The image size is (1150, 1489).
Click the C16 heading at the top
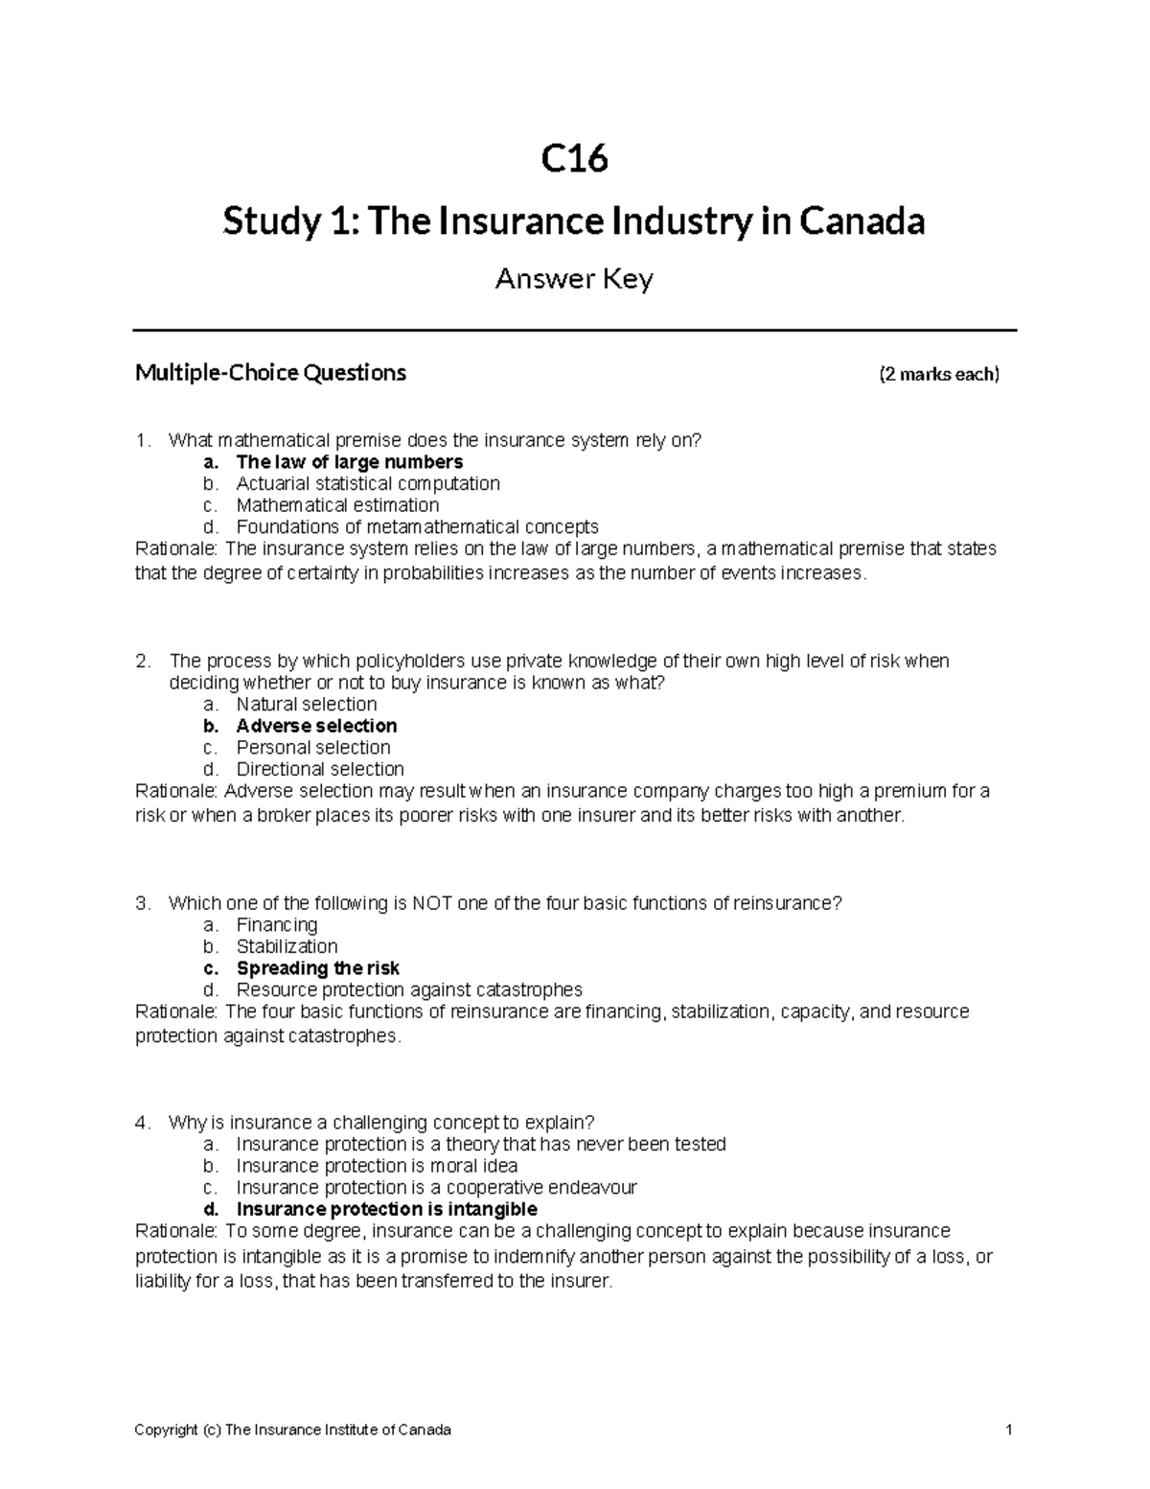click(x=574, y=159)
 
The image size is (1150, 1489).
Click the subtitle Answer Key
click(x=574, y=279)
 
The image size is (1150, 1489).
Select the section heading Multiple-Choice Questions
click(x=270, y=372)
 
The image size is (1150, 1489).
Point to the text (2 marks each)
click(x=938, y=374)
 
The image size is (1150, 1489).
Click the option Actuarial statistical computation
click(x=368, y=483)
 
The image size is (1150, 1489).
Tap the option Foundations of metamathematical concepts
click(x=417, y=526)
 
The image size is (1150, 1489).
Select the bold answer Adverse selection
click(x=316, y=726)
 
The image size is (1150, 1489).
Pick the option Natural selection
click(x=307, y=704)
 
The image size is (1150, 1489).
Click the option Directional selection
click(x=320, y=769)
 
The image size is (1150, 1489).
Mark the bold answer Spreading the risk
click(x=318, y=968)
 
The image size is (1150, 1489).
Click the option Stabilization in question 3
click(x=287, y=946)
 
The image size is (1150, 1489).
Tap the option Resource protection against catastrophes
click(x=409, y=989)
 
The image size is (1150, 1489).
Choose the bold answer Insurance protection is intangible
click(x=386, y=1209)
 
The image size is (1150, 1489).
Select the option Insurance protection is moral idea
click(x=377, y=1166)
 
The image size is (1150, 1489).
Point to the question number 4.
click(x=142, y=1123)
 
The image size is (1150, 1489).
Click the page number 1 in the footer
click(x=1009, y=1430)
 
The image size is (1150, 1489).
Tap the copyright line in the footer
click(x=292, y=1430)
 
